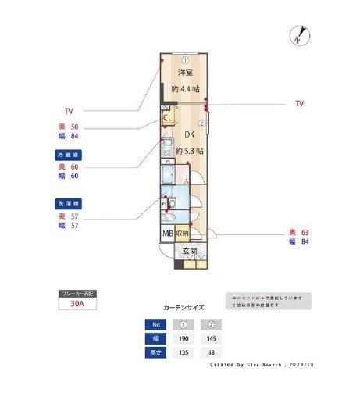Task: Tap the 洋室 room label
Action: pyautogui.click(x=184, y=73)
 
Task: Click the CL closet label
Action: pyautogui.click(x=167, y=118)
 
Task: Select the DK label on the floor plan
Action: pyautogui.click(x=188, y=134)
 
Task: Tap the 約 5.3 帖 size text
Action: pyautogui.click(x=189, y=150)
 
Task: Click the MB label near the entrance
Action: pyautogui.click(x=167, y=234)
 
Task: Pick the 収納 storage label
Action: pyautogui.click(x=181, y=234)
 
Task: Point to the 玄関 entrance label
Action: pyautogui.click(x=189, y=252)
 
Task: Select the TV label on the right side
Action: pyautogui.click(x=300, y=103)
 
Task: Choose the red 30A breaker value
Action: pyautogui.click(x=77, y=305)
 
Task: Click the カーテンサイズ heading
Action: pyautogui.click(x=184, y=308)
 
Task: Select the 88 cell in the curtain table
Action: pyautogui.click(x=209, y=353)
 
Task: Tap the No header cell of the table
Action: pyautogui.click(x=157, y=324)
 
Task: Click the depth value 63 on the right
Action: pyautogui.click(x=305, y=233)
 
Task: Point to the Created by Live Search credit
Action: pyautogui.click(x=263, y=365)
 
